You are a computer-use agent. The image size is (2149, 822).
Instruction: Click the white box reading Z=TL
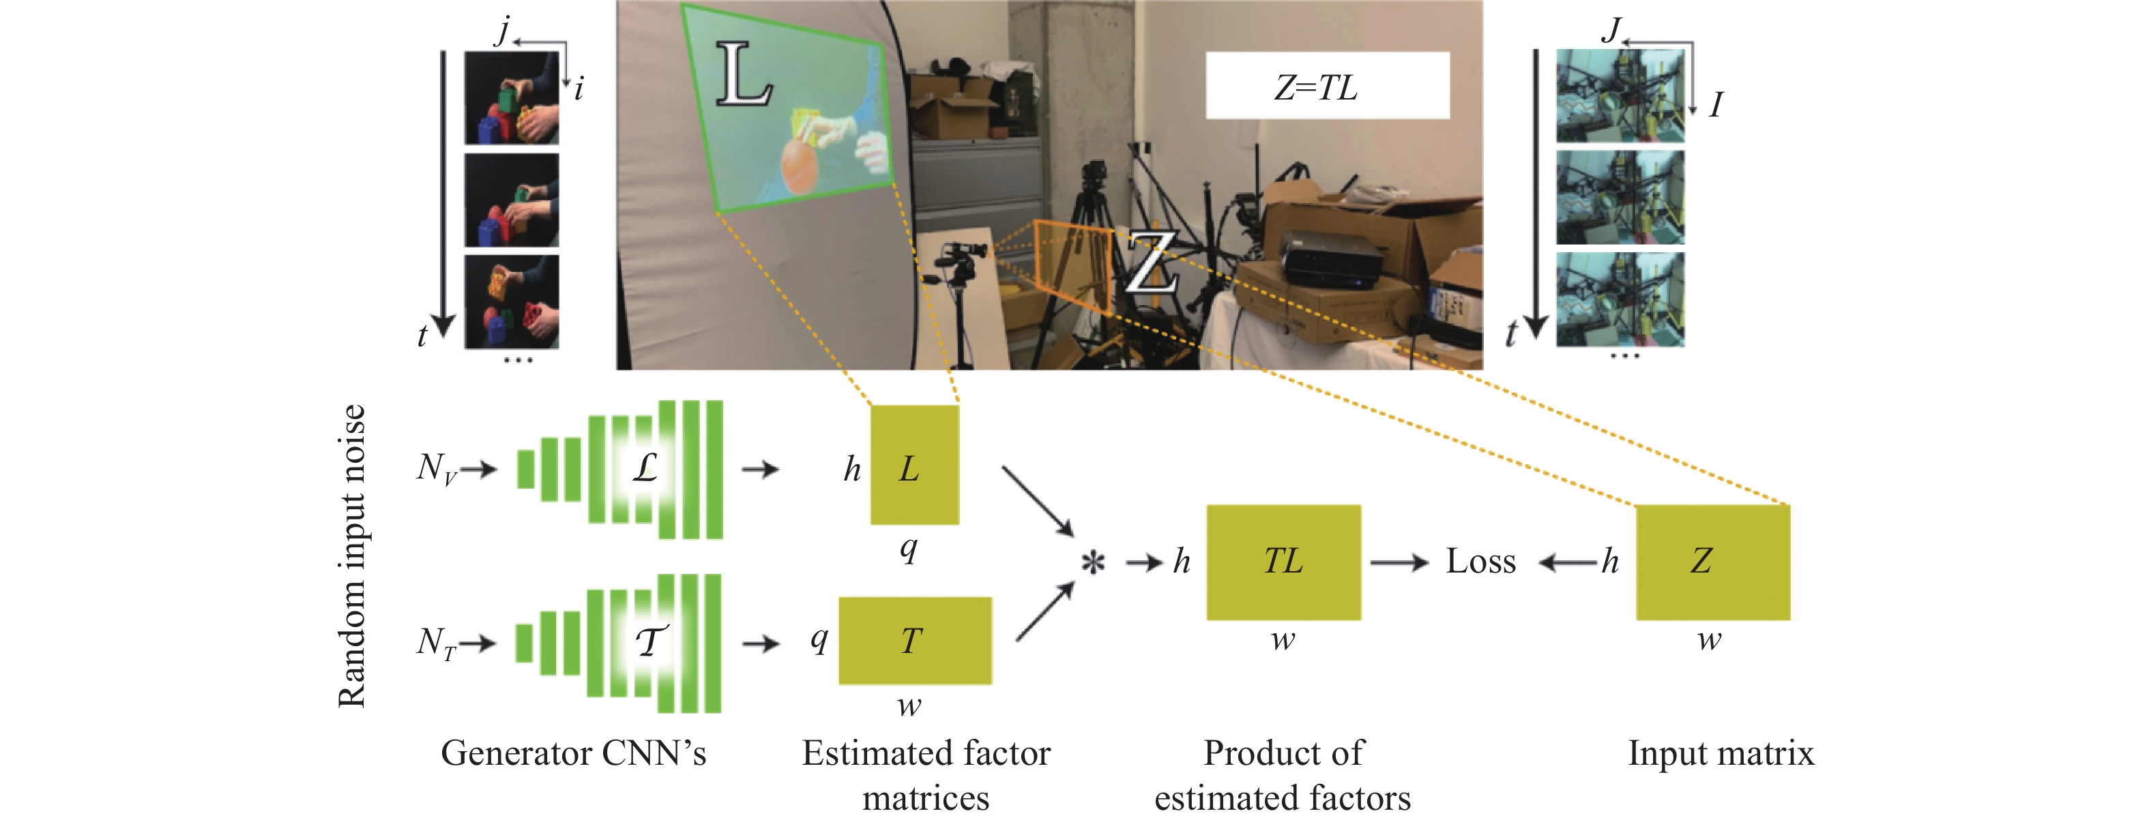coord(1326,86)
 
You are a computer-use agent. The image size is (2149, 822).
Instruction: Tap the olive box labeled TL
coord(1283,562)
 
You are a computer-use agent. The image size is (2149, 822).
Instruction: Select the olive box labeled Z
coord(1712,562)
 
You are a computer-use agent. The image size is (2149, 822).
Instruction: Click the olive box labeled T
coord(914,640)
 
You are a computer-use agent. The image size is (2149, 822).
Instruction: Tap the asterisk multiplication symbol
coord(1093,563)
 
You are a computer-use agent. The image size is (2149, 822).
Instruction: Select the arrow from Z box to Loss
coord(1568,564)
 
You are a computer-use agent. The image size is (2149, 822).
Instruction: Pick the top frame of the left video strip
coord(512,98)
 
